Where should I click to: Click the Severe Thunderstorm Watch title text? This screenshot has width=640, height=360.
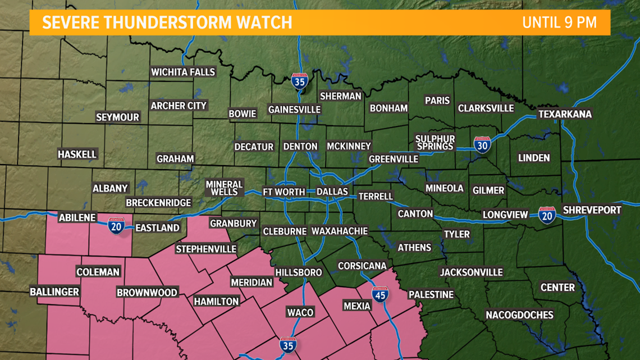[x=167, y=22]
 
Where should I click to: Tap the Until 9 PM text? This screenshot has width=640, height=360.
[x=558, y=22]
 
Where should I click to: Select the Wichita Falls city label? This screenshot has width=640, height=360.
[x=183, y=72]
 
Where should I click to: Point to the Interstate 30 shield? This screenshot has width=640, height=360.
[x=482, y=144]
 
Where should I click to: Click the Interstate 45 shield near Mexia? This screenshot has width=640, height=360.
[x=380, y=293]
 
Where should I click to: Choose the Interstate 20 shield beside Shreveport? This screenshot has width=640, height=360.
[x=547, y=215]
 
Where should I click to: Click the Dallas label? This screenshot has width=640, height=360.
[x=332, y=192]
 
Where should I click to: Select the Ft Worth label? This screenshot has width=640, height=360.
[x=284, y=192]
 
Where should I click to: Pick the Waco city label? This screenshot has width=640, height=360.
[x=300, y=312]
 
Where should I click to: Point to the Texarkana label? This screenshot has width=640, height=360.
[x=565, y=114]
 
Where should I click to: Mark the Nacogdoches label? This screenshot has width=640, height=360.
[x=519, y=315]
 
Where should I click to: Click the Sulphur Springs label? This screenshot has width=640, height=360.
[x=435, y=143]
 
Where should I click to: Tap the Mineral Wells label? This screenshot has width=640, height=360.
[x=224, y=188]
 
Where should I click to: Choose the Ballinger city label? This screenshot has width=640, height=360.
[x=54, y=292]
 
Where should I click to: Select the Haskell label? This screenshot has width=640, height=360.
[x=77, y=154]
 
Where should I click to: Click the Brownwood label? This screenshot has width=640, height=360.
[x=147, y=293]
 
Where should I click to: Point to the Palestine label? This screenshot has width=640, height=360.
[x=431, y=294]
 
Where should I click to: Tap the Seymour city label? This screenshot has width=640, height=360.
[x=117, y=117]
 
